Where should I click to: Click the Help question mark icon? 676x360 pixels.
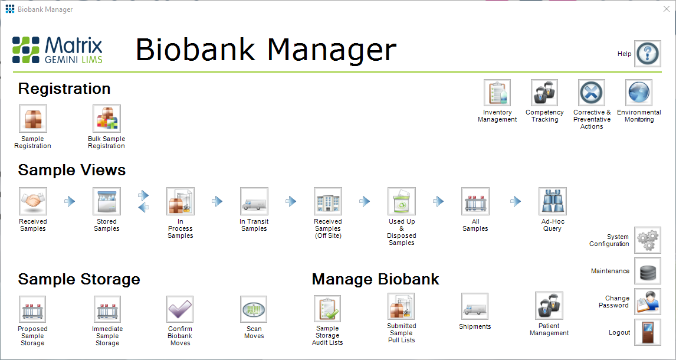click(647, 54)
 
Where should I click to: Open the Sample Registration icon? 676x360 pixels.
click(33, 119)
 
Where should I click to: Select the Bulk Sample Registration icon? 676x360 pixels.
click(107, 119)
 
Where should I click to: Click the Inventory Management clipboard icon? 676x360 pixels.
click(497, 93)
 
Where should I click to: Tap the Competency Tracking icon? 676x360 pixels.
click(544, 93)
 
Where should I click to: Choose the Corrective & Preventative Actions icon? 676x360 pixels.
click(592, 93)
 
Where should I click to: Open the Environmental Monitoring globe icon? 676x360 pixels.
click(638, 93)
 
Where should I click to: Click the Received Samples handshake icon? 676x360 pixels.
click(33, 201)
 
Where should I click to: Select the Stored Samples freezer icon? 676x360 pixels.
click(107, 201)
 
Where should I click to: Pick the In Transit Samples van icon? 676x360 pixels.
click(254, 201)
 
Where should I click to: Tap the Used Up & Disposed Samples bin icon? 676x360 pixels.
click(401, 201)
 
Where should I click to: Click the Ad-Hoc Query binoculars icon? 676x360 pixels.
click(552, 201)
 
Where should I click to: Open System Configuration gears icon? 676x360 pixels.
click(648, 240)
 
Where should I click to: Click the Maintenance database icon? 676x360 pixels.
click(648, 271)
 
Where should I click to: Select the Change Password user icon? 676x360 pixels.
click(648, 302)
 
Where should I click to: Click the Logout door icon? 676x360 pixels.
click(648, 332)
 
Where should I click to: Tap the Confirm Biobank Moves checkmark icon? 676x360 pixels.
click(180, 309)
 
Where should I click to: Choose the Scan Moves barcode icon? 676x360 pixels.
click(254, 309)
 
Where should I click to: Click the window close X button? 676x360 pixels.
click(666, 9)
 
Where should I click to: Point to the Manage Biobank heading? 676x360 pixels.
click(376, 279)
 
